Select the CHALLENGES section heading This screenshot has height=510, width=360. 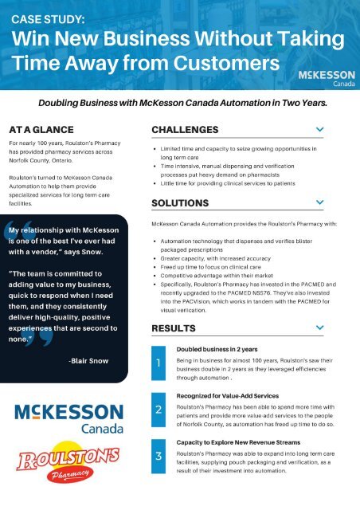[x=185, y=129]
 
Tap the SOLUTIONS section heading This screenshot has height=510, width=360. [x=181, y=202]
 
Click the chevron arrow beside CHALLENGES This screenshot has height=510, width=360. [x=319, y=128]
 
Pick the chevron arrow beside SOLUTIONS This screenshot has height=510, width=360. [x=319, y=202]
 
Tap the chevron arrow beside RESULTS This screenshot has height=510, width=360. [x=319, y=328]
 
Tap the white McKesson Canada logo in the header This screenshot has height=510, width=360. [x=321, y=79]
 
